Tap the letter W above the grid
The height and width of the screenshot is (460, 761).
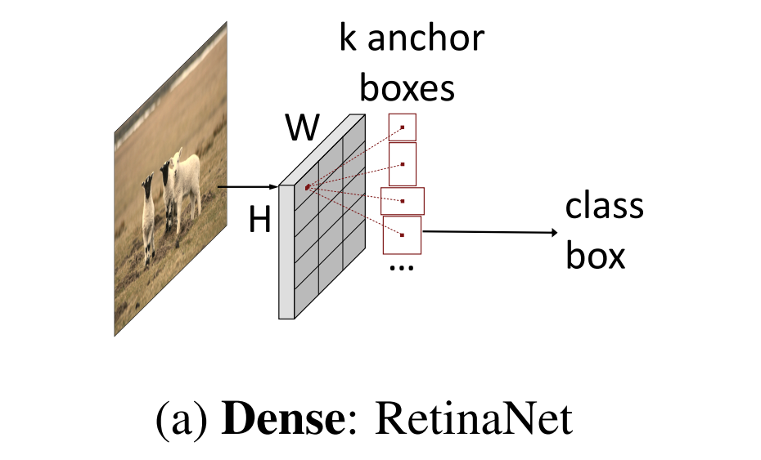click(302, 127)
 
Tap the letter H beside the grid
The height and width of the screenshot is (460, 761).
click(259, 220)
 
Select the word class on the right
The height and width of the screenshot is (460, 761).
click(604, 206)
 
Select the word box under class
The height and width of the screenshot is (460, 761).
click(595, 257)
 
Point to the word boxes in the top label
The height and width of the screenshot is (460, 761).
click(408, 87)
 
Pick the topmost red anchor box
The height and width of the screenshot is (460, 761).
click(403, 127)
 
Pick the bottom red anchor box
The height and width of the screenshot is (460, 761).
click(402, 234)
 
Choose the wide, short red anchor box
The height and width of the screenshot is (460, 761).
click(403, 200)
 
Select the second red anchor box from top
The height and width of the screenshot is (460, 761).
click(403, 163)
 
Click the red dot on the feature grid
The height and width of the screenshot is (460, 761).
click(308, 187)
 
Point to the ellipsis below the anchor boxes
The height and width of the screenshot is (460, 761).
click(402, 268)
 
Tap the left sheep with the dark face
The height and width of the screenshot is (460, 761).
click(148, 212)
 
